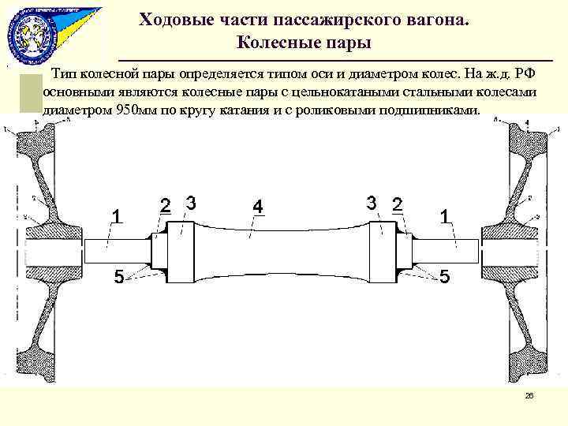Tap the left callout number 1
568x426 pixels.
coord(116,215)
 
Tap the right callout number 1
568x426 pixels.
coord(446,215)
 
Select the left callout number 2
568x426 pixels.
coord(165,204)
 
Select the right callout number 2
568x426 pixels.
coord(397,204)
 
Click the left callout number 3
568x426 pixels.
coord(190,202)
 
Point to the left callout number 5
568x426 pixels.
coord(118,277)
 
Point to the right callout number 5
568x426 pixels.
coord(445,277)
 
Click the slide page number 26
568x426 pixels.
coord(529,396)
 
